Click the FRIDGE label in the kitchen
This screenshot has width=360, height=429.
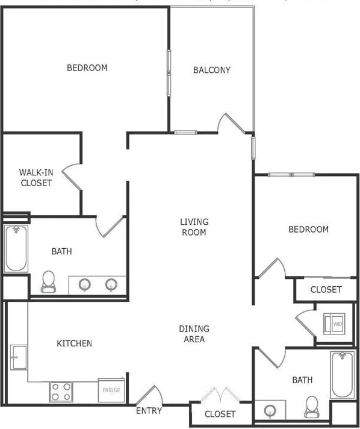click(111, 390)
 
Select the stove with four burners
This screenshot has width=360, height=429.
click(61, 392)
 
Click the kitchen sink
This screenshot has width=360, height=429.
click(17, 358)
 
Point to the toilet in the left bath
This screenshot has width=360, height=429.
click(48, 281)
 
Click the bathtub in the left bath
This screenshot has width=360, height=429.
click(16, 248)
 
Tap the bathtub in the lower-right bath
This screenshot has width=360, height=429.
click(343, 375)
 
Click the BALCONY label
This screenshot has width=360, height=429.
click(211, 70)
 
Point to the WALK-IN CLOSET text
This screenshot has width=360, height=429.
click(36, 178)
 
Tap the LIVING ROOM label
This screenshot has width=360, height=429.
click(194, 227)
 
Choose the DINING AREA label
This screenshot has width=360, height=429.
click(194, 334)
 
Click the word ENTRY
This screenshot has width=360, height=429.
click(149, 411)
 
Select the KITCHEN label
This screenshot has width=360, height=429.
click(74, 343)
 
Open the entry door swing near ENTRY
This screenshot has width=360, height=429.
click(149, 395)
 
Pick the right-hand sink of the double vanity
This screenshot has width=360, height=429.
click(111, 284)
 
